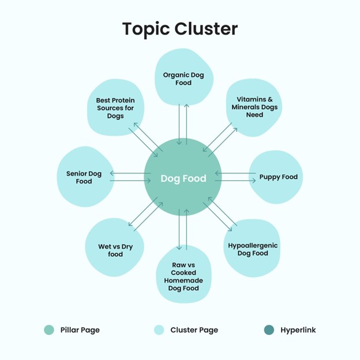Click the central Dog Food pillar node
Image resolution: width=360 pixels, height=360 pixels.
coord(183,178)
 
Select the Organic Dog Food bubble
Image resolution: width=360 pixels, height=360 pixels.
coord(183,78)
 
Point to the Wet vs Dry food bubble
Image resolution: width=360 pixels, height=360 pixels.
coord(115,250)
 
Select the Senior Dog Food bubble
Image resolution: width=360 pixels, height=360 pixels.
coord(84,177)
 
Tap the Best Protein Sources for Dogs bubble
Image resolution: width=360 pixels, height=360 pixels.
coord(115,107)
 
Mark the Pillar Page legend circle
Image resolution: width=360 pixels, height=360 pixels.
coord(50,330)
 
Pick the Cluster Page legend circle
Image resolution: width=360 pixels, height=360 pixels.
coord(159,330)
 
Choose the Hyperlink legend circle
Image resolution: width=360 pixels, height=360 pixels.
coord(269,330)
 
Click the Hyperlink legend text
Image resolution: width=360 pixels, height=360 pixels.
coord(298,330)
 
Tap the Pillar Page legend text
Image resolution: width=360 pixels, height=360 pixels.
coord(80,330)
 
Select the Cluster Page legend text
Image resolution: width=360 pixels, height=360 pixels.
coord(194,330)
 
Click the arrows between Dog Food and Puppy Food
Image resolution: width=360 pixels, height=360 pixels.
coord(234,177)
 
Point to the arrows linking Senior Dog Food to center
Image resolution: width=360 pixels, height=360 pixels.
coord(130,177)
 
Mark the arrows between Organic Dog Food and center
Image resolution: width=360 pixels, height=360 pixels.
coord(183,125)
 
